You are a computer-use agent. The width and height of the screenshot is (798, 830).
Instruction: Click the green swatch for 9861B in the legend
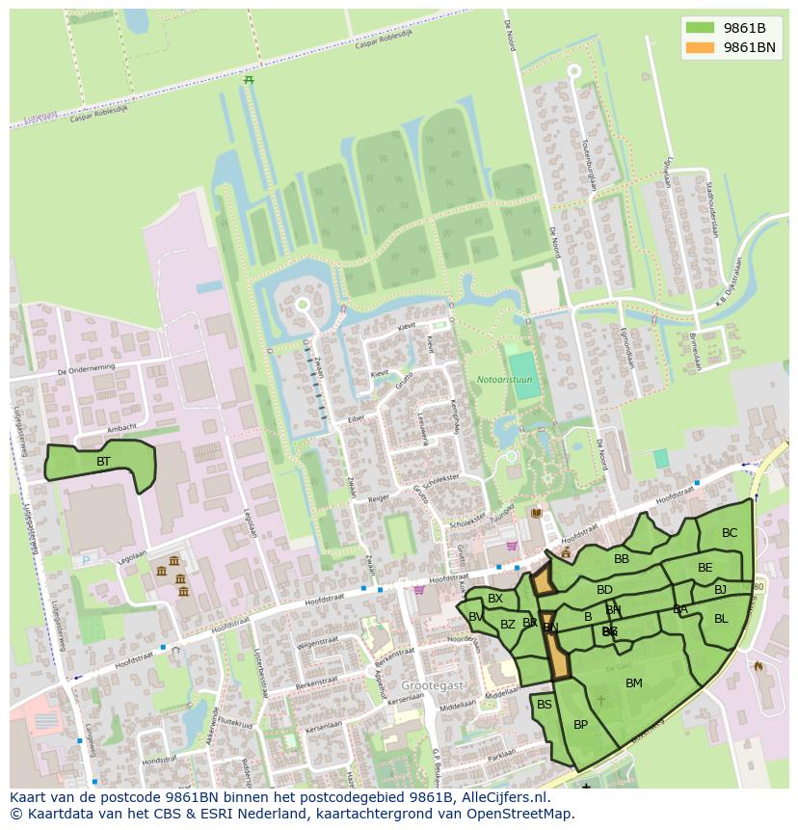[x=700, y=27]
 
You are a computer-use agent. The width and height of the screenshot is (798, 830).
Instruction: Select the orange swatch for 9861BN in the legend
[x=700, y=47]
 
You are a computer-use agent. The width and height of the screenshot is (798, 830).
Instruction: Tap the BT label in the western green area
[x=103, y=462]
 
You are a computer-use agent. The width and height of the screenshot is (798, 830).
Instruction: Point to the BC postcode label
[x=730, y=533]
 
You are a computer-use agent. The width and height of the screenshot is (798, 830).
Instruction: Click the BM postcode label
[x=633, y=683]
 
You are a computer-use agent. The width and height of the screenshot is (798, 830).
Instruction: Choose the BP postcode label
[x=580, y=725]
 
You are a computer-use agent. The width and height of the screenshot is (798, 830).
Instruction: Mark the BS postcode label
[x=545, y=705]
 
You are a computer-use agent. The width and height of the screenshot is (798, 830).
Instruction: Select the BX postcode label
[x=495, y=599]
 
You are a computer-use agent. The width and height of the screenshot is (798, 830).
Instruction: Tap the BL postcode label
[x=721, y=619]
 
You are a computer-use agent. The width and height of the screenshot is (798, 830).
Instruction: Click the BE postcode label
[x=705, y=568]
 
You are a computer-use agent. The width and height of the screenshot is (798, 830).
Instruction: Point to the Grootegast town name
[x=433, y=684]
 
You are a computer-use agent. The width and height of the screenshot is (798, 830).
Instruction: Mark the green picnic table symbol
[x=249, y=80]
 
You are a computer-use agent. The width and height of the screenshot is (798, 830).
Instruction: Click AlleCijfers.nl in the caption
[x=500, y=797]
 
